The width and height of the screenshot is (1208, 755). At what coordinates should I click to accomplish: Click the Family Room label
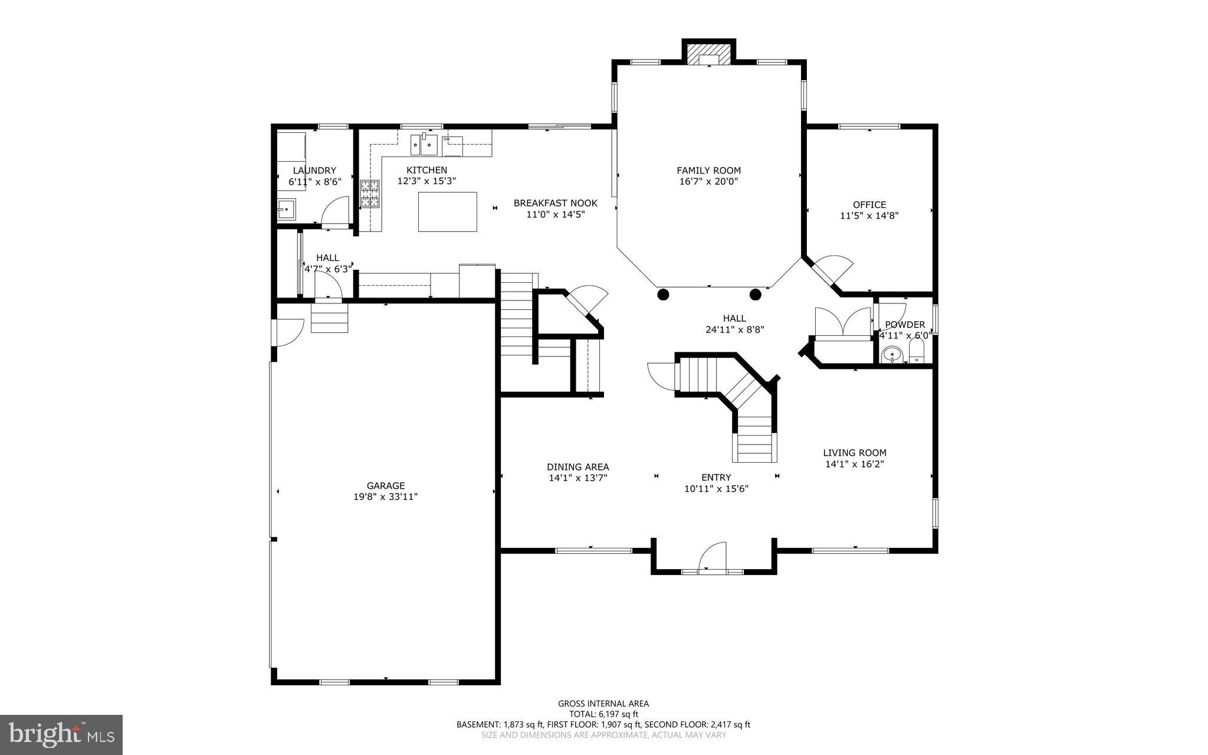708,171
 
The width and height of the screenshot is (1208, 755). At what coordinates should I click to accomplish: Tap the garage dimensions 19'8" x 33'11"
385,497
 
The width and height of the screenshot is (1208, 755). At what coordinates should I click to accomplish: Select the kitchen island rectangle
447,211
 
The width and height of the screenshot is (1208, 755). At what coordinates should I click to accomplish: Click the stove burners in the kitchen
370,194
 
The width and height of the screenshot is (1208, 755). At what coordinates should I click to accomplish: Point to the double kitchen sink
424,143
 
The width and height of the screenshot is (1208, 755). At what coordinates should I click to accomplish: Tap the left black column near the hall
663,294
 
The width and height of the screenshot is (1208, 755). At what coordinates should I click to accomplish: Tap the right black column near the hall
755,294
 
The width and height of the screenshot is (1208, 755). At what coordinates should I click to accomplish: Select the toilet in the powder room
916,352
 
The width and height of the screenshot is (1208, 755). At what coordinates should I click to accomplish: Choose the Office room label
869,205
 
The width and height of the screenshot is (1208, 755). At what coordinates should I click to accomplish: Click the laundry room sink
287,210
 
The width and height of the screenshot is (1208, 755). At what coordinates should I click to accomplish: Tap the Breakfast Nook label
555,203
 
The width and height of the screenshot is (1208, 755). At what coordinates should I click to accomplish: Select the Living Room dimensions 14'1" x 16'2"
854,465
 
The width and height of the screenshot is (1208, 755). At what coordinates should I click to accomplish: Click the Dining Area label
577,467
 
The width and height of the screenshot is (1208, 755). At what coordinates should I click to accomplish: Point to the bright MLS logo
61,734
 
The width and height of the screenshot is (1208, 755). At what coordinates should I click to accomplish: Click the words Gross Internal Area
603,704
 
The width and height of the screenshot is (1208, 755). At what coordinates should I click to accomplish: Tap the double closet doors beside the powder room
842,322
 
